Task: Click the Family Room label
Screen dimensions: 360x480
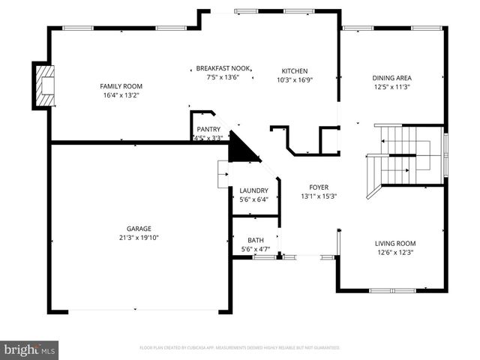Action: pos(121,86)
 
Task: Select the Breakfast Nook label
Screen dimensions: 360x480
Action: pos(223,67)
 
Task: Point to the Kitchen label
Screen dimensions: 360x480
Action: pos(295,71)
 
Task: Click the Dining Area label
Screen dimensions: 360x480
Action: pos(392,77)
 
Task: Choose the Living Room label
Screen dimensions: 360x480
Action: pos(395,243)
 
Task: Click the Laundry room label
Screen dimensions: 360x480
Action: pos(253,190)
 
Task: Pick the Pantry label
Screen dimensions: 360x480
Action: pos(208,129)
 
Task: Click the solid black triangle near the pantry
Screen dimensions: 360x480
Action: pos(241,147)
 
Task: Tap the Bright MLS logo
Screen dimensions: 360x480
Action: pos(30,349)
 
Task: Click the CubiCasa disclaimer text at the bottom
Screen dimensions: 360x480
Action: pos(240,348)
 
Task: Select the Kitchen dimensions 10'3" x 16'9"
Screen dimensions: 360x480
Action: pos(295,80)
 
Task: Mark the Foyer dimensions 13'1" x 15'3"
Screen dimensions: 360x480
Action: pos(319,196)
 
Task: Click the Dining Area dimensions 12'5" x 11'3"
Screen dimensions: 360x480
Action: pos(392,87)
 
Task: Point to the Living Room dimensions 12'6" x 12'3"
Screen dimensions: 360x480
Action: pos(395,253)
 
